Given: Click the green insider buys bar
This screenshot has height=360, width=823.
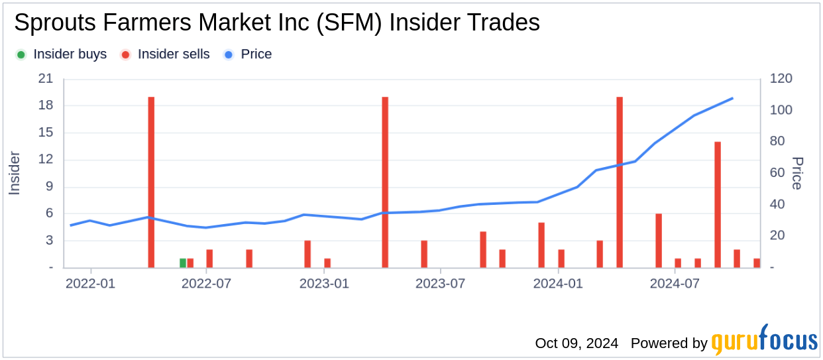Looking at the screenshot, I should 183,263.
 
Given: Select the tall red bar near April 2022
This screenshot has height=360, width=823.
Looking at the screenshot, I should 151,182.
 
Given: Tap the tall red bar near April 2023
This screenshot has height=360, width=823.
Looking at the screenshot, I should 385,182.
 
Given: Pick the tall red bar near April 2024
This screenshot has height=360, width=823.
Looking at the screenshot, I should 620,182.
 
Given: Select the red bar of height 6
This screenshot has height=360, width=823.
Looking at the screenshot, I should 659,240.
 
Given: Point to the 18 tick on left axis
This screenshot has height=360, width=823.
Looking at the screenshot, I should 46,106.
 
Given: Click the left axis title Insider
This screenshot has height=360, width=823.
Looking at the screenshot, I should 15,174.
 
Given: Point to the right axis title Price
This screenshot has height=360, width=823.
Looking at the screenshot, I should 797,174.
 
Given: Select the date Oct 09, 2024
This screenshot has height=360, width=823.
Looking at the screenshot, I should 576,343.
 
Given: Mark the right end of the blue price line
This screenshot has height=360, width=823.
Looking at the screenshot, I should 732,98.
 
